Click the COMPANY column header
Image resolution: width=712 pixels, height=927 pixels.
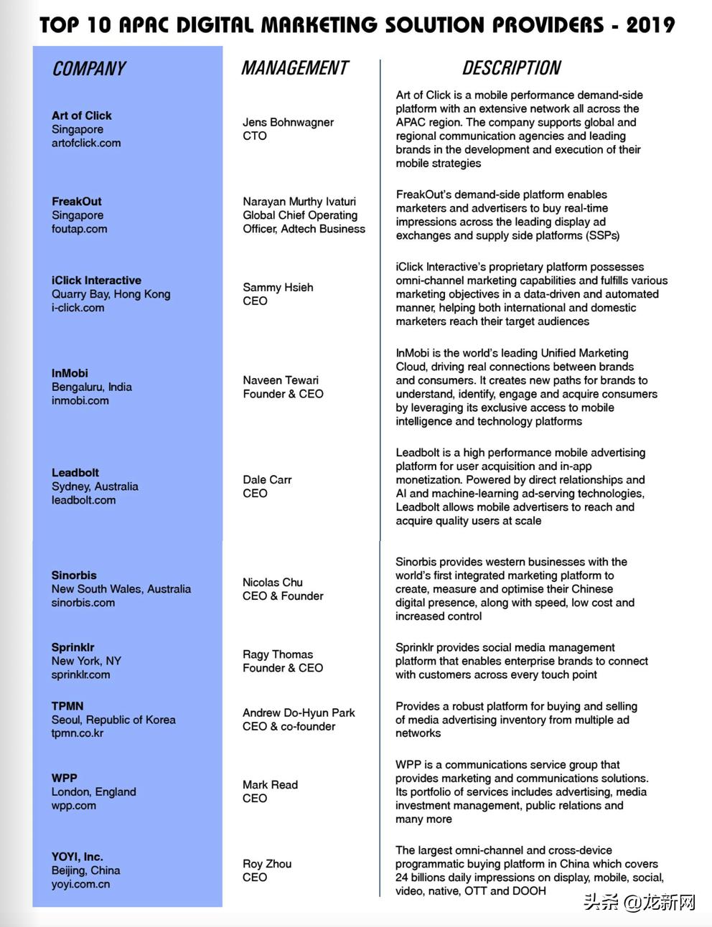click(x=88, y=69)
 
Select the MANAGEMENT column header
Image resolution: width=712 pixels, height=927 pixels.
click(x=294, y=68)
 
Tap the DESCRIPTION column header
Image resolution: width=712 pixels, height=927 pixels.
click(x=511, y=68)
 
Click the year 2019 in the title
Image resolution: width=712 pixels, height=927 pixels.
click(x=650, y=25)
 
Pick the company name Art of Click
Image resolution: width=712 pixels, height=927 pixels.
click(x=82, y=116)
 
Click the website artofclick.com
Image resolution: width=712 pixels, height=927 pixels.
click(x=86, y=143)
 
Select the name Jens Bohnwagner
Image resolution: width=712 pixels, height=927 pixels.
click(x=288, y=122)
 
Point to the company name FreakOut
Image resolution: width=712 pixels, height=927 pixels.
click(x=77, y=202)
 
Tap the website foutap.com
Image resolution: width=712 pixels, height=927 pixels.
click(x=79, y=229)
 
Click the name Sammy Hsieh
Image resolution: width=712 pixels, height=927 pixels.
click(x=278, y=287)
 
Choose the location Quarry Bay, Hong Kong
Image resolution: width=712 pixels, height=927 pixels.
click(x=111, y=294)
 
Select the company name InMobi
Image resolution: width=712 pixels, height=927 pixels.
click(x=70, y=373)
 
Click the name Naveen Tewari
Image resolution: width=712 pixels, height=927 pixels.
click(x=281, y=380)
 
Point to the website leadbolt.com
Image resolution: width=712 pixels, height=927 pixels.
click(x=83, y=500)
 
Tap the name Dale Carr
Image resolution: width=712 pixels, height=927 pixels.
click(x=267, y=479)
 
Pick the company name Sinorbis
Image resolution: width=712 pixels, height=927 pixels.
click(x=74, y=575)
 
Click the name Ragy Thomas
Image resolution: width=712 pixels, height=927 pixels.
click(x=278, y=654)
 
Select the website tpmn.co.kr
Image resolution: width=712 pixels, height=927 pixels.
click(x=78, y=733)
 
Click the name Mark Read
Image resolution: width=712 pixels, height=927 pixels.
click(x=270, y=785)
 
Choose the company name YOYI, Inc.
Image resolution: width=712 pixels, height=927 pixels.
click(x=78, y=857)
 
